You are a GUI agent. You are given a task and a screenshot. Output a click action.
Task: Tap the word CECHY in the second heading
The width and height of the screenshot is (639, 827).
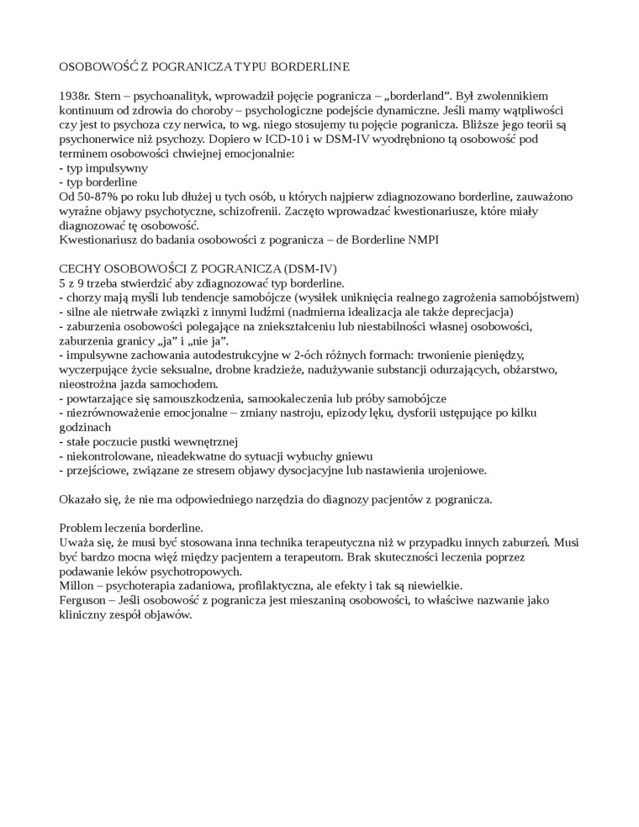click(80, 268)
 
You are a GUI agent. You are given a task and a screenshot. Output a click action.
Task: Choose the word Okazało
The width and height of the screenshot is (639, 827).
click(82, 499)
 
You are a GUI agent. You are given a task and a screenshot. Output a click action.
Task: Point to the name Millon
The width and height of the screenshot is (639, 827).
click(77, 585)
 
